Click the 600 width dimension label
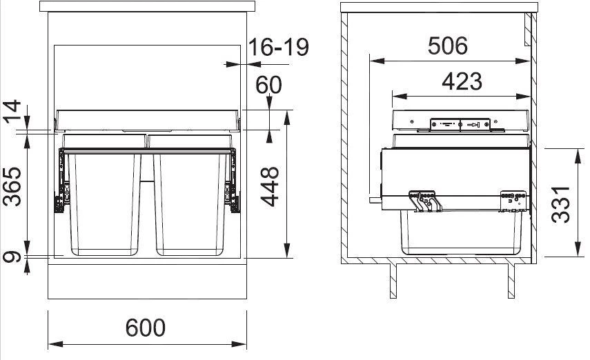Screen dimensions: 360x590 click(146, 328)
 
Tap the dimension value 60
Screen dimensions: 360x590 click(268, 85)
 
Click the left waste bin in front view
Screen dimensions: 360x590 click(104, 200)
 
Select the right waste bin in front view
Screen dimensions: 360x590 click(191, 200)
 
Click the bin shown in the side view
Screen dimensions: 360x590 click(461, 234)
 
